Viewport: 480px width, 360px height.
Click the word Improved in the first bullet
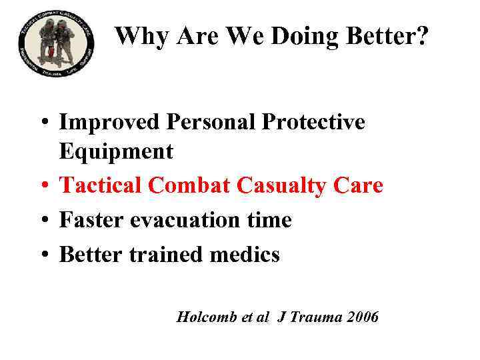(109, 122)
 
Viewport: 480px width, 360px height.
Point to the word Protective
(313, 122)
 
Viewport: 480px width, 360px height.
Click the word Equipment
(116, 151)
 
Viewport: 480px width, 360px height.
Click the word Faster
(91, 220)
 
